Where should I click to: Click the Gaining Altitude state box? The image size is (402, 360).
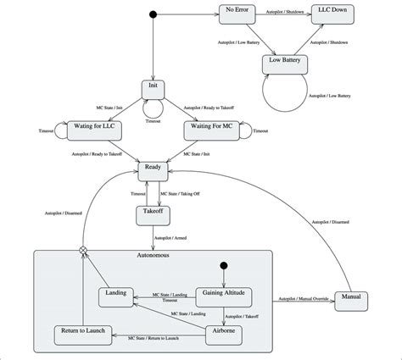[x=224, y=294]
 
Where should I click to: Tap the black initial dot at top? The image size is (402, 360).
[x=154, y=14]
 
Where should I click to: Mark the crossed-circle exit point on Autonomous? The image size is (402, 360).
[x=83, y=250]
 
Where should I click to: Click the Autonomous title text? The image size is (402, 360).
[x=154, y=254]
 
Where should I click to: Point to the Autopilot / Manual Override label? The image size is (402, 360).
[x=302, y=298]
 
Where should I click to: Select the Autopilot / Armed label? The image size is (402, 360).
[x=175, y=238]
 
